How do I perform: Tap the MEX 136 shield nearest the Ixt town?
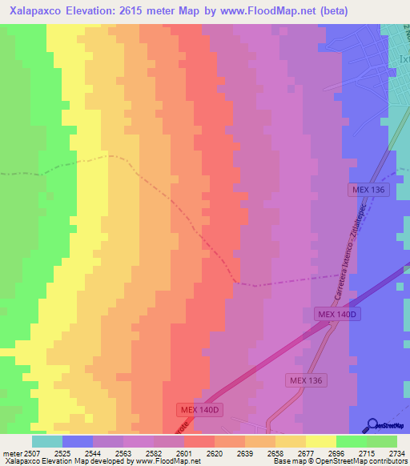click(x=368, y=190)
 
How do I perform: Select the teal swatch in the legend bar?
click(x=47, y=441)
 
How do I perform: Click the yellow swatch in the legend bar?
click(x=321, y=441)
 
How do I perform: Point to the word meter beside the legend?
click(x=13, y=453)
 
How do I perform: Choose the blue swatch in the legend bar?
click(x=78, y=441)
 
